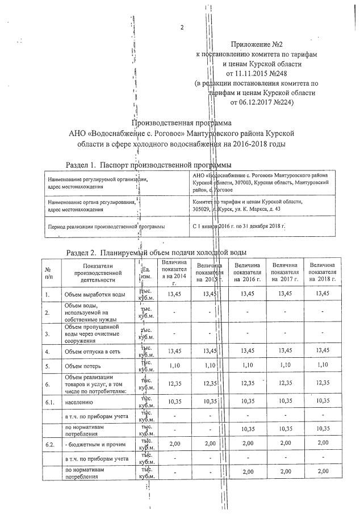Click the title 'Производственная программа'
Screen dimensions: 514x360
(x=190, y=123)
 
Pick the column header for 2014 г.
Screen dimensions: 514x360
(x=175, y=272)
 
